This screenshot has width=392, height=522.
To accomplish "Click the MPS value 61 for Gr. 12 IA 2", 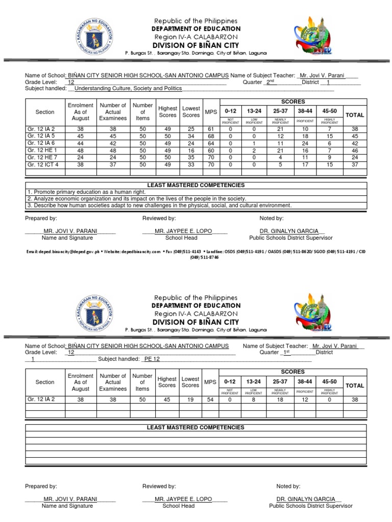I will click(x=210, y=129).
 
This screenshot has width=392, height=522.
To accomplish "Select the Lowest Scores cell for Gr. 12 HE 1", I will click(x=191, y=151).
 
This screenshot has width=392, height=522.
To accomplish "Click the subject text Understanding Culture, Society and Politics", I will click(x=128, y=89).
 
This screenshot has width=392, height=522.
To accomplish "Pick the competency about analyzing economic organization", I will click(x=137, y=199).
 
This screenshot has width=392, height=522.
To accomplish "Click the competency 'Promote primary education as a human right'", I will click(x=87, y=192).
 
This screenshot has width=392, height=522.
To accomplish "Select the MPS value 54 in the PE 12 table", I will click(x=210, y=400).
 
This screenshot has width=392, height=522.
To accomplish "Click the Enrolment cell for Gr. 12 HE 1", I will click(x=81, y=151).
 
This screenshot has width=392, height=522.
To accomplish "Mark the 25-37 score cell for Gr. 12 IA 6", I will click(x=280, y=144).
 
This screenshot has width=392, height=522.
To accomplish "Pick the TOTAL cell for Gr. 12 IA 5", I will click(x=355, y=137).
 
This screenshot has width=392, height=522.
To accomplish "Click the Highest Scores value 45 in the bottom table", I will click(x=167, y=400).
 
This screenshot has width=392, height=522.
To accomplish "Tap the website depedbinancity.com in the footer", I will click(x=134, y=252).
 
